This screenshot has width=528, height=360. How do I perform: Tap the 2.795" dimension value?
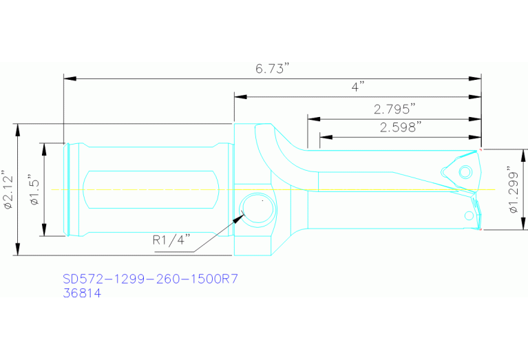394,109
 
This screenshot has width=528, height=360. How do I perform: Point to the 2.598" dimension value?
400,127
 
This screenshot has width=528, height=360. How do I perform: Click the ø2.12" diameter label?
7,189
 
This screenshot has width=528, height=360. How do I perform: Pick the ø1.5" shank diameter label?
35,189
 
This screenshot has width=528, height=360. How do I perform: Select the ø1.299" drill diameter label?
513,190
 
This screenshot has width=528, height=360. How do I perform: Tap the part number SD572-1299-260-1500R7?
150,279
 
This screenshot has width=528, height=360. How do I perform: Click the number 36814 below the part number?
82,293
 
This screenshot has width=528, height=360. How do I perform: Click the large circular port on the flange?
257,209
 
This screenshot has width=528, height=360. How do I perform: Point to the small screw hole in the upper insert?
465,170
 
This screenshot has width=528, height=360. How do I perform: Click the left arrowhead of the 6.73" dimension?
68,78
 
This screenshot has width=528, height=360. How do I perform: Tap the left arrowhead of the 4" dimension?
238,96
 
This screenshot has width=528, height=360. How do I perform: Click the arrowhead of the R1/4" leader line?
242,216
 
